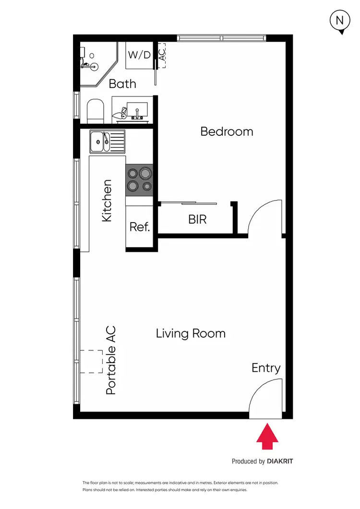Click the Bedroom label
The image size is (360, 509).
(x=227, y=131)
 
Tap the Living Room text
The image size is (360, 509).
(x=191, y=333)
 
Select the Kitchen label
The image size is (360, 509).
(x=107, y=201)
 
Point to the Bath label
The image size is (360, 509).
(x=122, y=84)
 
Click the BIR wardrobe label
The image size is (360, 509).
(x=197, y=220)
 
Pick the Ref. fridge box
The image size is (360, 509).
(x=140, y=227)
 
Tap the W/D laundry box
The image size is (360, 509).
(x=139, y=55)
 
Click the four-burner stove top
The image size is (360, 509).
(x=139, y=180)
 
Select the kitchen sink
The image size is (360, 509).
(x=107, y=141)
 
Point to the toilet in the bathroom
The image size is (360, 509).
(x=96, y=110)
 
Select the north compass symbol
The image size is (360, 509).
(x=340, y=21)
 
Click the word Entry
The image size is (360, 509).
(x=266, y=368)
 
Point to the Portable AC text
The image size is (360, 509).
(x=111, y=360)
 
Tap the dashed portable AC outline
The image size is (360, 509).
(x=91, y=362)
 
